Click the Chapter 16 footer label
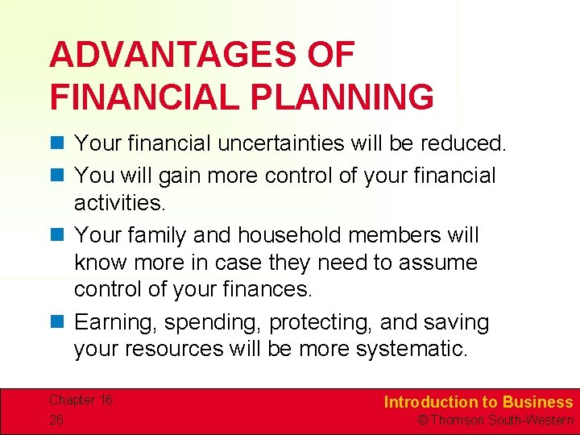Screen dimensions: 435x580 [x=81, y=400]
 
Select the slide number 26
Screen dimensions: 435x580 [x=57, y=420]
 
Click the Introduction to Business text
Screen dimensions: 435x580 [x=478, y=402]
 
